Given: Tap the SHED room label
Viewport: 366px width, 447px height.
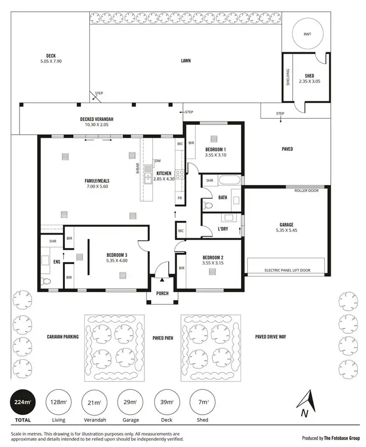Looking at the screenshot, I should (x=309, y=76).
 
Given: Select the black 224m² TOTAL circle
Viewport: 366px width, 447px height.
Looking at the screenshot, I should (x=23, y=403).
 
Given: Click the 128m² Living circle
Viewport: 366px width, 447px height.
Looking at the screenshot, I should (x=59, y=403).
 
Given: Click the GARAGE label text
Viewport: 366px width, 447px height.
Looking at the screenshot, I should (x=286, y=225).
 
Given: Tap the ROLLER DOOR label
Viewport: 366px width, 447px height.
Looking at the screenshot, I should (x=306, y=190).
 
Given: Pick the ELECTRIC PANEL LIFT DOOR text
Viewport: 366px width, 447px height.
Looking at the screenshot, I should (x=287, y=270).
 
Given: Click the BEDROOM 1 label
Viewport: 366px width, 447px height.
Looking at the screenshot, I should (x=215, y=149).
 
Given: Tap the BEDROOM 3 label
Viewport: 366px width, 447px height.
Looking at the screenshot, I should (x=117, y=255).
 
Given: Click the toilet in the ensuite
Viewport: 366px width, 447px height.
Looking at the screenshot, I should (x=46, y=282).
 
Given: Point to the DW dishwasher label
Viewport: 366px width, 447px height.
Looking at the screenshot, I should (x=157, y=161).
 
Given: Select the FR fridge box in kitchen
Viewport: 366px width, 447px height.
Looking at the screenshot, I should (x=180, y=198).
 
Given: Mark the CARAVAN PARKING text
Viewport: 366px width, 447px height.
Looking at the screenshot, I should (x=62, y=337).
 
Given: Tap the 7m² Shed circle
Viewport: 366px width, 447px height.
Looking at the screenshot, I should (x=202, y=403).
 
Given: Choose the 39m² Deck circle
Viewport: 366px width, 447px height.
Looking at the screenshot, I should (x=166, y=403).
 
